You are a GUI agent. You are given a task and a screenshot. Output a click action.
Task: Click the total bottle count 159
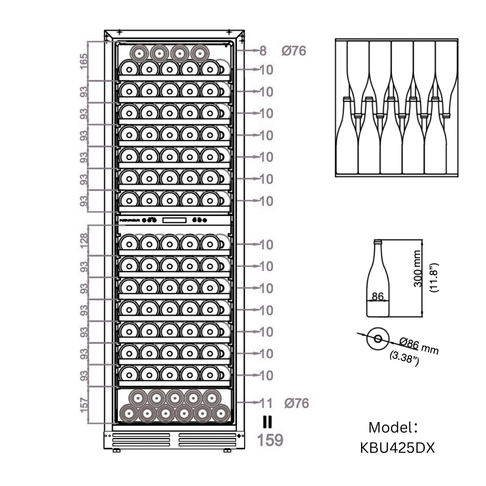click(270, 440)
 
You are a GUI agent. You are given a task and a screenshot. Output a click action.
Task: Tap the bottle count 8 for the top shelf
click(263, 51)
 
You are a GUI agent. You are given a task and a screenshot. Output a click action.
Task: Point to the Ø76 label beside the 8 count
click(293, 51)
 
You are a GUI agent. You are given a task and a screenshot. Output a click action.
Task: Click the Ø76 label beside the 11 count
click(297, 403)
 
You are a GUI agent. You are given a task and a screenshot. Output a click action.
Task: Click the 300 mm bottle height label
click(418, 269)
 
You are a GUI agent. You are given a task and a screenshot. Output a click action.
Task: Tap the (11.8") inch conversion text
click(434, 278)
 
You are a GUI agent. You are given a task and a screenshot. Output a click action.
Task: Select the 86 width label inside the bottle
click(378, 297)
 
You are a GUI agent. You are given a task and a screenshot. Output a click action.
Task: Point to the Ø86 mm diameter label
click(419, 347)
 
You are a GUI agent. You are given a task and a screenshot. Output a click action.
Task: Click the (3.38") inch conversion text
click(404, 358)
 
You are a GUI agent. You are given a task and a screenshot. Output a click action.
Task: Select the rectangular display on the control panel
click(174, 220)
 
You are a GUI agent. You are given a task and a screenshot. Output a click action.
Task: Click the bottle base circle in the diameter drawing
click(378, 339)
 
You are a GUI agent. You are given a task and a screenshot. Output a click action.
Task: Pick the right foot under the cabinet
click(227, 451)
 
